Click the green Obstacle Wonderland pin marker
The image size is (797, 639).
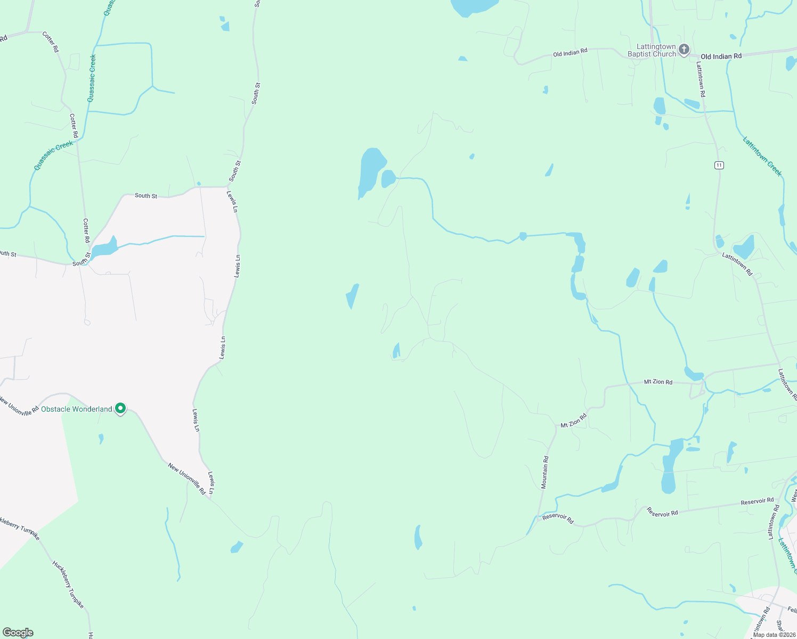[121, 408]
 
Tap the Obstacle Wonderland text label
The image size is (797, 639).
[77, 409]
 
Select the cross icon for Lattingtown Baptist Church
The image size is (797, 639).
[684, 50]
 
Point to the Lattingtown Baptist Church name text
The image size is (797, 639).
[652, 50]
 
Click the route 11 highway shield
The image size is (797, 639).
[719, 165]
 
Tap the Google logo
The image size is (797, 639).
[18, 633]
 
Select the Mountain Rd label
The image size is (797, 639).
[545, 472]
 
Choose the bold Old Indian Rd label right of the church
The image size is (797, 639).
[721, 56]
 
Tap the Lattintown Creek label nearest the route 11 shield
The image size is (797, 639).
[762, 157]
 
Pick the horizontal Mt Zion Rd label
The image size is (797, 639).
[658, 382]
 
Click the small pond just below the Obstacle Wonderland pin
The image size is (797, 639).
[101, 439]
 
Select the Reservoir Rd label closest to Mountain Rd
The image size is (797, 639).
[558, 519]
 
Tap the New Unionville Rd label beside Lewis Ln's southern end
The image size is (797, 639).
[186, 479]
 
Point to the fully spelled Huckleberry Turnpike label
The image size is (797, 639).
[68, 584]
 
